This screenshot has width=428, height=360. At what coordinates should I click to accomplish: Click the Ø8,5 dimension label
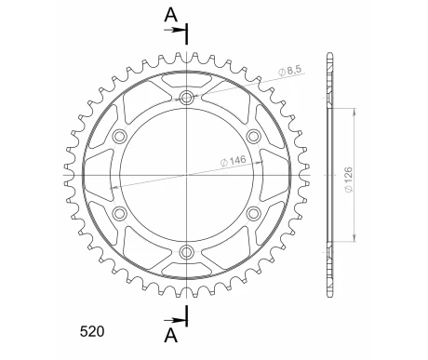(290, 71)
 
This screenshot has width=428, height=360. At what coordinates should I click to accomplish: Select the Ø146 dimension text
(233, 161)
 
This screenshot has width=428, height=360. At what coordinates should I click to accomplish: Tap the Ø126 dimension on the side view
(349, 180)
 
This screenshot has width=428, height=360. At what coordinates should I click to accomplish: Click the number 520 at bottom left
(92, 331)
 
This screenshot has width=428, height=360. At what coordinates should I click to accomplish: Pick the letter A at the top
(171, 15)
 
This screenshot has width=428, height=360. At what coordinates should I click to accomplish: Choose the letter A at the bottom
(171, 335)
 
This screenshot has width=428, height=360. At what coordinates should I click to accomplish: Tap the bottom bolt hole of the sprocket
(187, 252)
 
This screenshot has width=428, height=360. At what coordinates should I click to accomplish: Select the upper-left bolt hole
(120, 137)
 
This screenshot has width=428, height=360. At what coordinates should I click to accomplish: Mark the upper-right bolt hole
(254, 137)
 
